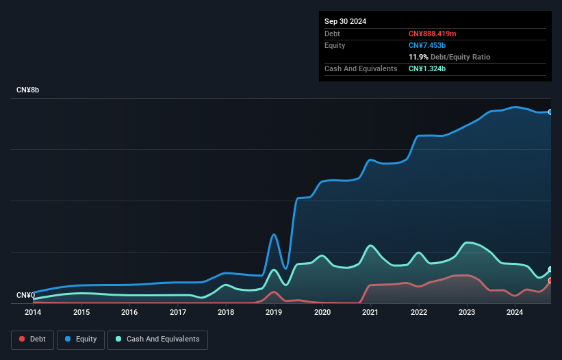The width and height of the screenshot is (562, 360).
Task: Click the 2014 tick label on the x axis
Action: point(33,312)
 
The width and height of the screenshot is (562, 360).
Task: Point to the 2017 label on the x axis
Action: point(178,312)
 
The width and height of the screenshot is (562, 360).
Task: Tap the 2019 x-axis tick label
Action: point(274,312)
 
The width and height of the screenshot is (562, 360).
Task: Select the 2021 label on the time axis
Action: point(370,312)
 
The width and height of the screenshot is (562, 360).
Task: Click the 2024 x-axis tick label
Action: point(515,312)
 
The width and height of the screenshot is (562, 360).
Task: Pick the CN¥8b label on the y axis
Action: point(28,90)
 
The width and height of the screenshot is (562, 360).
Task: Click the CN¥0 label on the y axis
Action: point(25,296)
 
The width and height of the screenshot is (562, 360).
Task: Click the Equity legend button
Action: point(81,339)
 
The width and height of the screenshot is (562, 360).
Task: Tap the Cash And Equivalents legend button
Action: point(157,339)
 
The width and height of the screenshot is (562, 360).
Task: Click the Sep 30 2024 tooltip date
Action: point(345,21)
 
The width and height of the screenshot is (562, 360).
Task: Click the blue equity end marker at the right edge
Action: point(550,112)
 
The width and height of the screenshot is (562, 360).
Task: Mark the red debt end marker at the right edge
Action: point(550,281)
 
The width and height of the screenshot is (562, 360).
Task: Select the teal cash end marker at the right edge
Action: point(550,270)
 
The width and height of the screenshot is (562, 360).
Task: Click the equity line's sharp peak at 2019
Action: point(274,235)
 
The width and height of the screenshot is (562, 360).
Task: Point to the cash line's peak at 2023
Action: point(468,242)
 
